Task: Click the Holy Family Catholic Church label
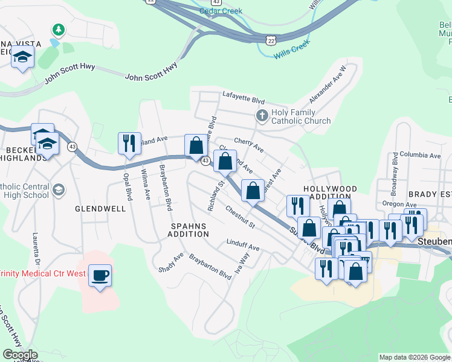point(301,116)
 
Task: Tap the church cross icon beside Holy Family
point(262,115)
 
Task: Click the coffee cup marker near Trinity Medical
point(100,276)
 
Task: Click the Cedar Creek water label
point(221,11)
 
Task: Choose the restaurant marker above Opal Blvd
point(129,144)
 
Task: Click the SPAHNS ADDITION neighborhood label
point(188,230)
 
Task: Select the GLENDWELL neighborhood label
point(100,209)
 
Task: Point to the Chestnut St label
point(240,218)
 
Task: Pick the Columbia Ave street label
point(420,154)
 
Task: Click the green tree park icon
point(59,29)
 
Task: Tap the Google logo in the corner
point(19,355)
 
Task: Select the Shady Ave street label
point(170,262)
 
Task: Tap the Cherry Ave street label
point(248,144)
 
